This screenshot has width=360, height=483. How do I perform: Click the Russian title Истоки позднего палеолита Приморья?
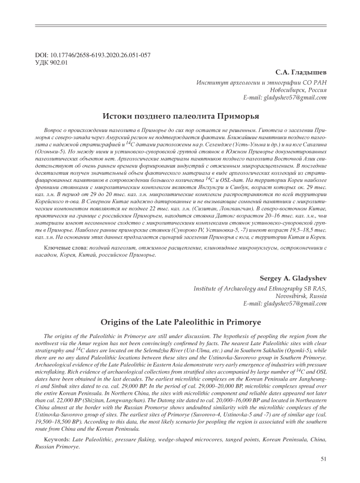pos(180,116)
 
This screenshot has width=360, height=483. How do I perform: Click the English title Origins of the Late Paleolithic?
pos(180,322)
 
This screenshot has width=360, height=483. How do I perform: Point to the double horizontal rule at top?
pos(180,25)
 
